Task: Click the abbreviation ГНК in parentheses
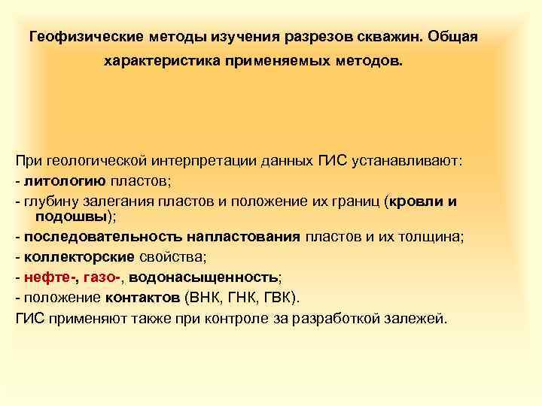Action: [237, 297]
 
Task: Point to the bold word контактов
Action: [138, 297]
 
